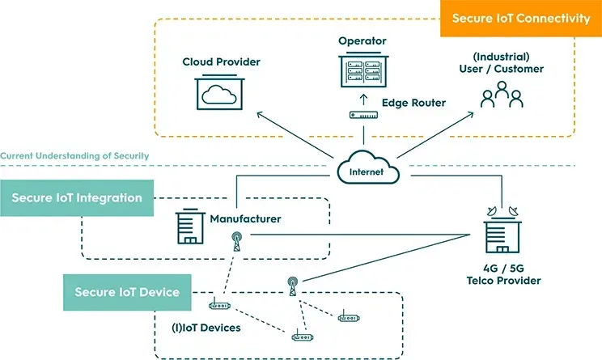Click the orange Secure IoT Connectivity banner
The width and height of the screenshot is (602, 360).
click(x=520, y=18)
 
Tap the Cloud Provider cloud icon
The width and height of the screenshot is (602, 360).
click(x=219, y=92)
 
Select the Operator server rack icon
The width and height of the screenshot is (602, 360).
click(x=363, y=70)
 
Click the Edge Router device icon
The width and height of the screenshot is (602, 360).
click(x=363, y=115)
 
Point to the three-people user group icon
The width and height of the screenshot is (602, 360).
click(x=502, y=95)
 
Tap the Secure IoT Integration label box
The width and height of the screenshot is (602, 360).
click(x=77, y=197)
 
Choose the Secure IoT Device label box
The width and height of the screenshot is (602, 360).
click(x=127, y=292)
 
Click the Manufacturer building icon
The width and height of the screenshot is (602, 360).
click(x=190, y=227)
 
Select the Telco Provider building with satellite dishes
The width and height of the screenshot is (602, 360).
click(x=502, y=230)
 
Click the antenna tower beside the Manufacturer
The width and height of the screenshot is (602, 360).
click(x=237, y=241)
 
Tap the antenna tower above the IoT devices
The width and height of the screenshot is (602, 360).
click(x=293, y=286)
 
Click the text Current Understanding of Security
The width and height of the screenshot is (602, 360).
click(x=74, y=156)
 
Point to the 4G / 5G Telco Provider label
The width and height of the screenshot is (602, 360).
click(x=503, y=274)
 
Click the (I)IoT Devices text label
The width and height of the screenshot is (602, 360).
click(x=206, y=328)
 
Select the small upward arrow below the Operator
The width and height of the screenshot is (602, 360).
click(x=363, y=100)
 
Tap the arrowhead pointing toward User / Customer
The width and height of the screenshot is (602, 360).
click(x=471, y=114)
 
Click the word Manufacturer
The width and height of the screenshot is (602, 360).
click(x=245, y=218)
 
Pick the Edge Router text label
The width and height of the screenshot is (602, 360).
click(x=413, y=103)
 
